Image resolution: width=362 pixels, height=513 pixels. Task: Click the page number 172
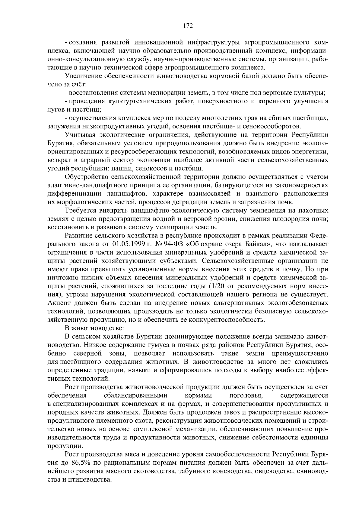tap(188, 26)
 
